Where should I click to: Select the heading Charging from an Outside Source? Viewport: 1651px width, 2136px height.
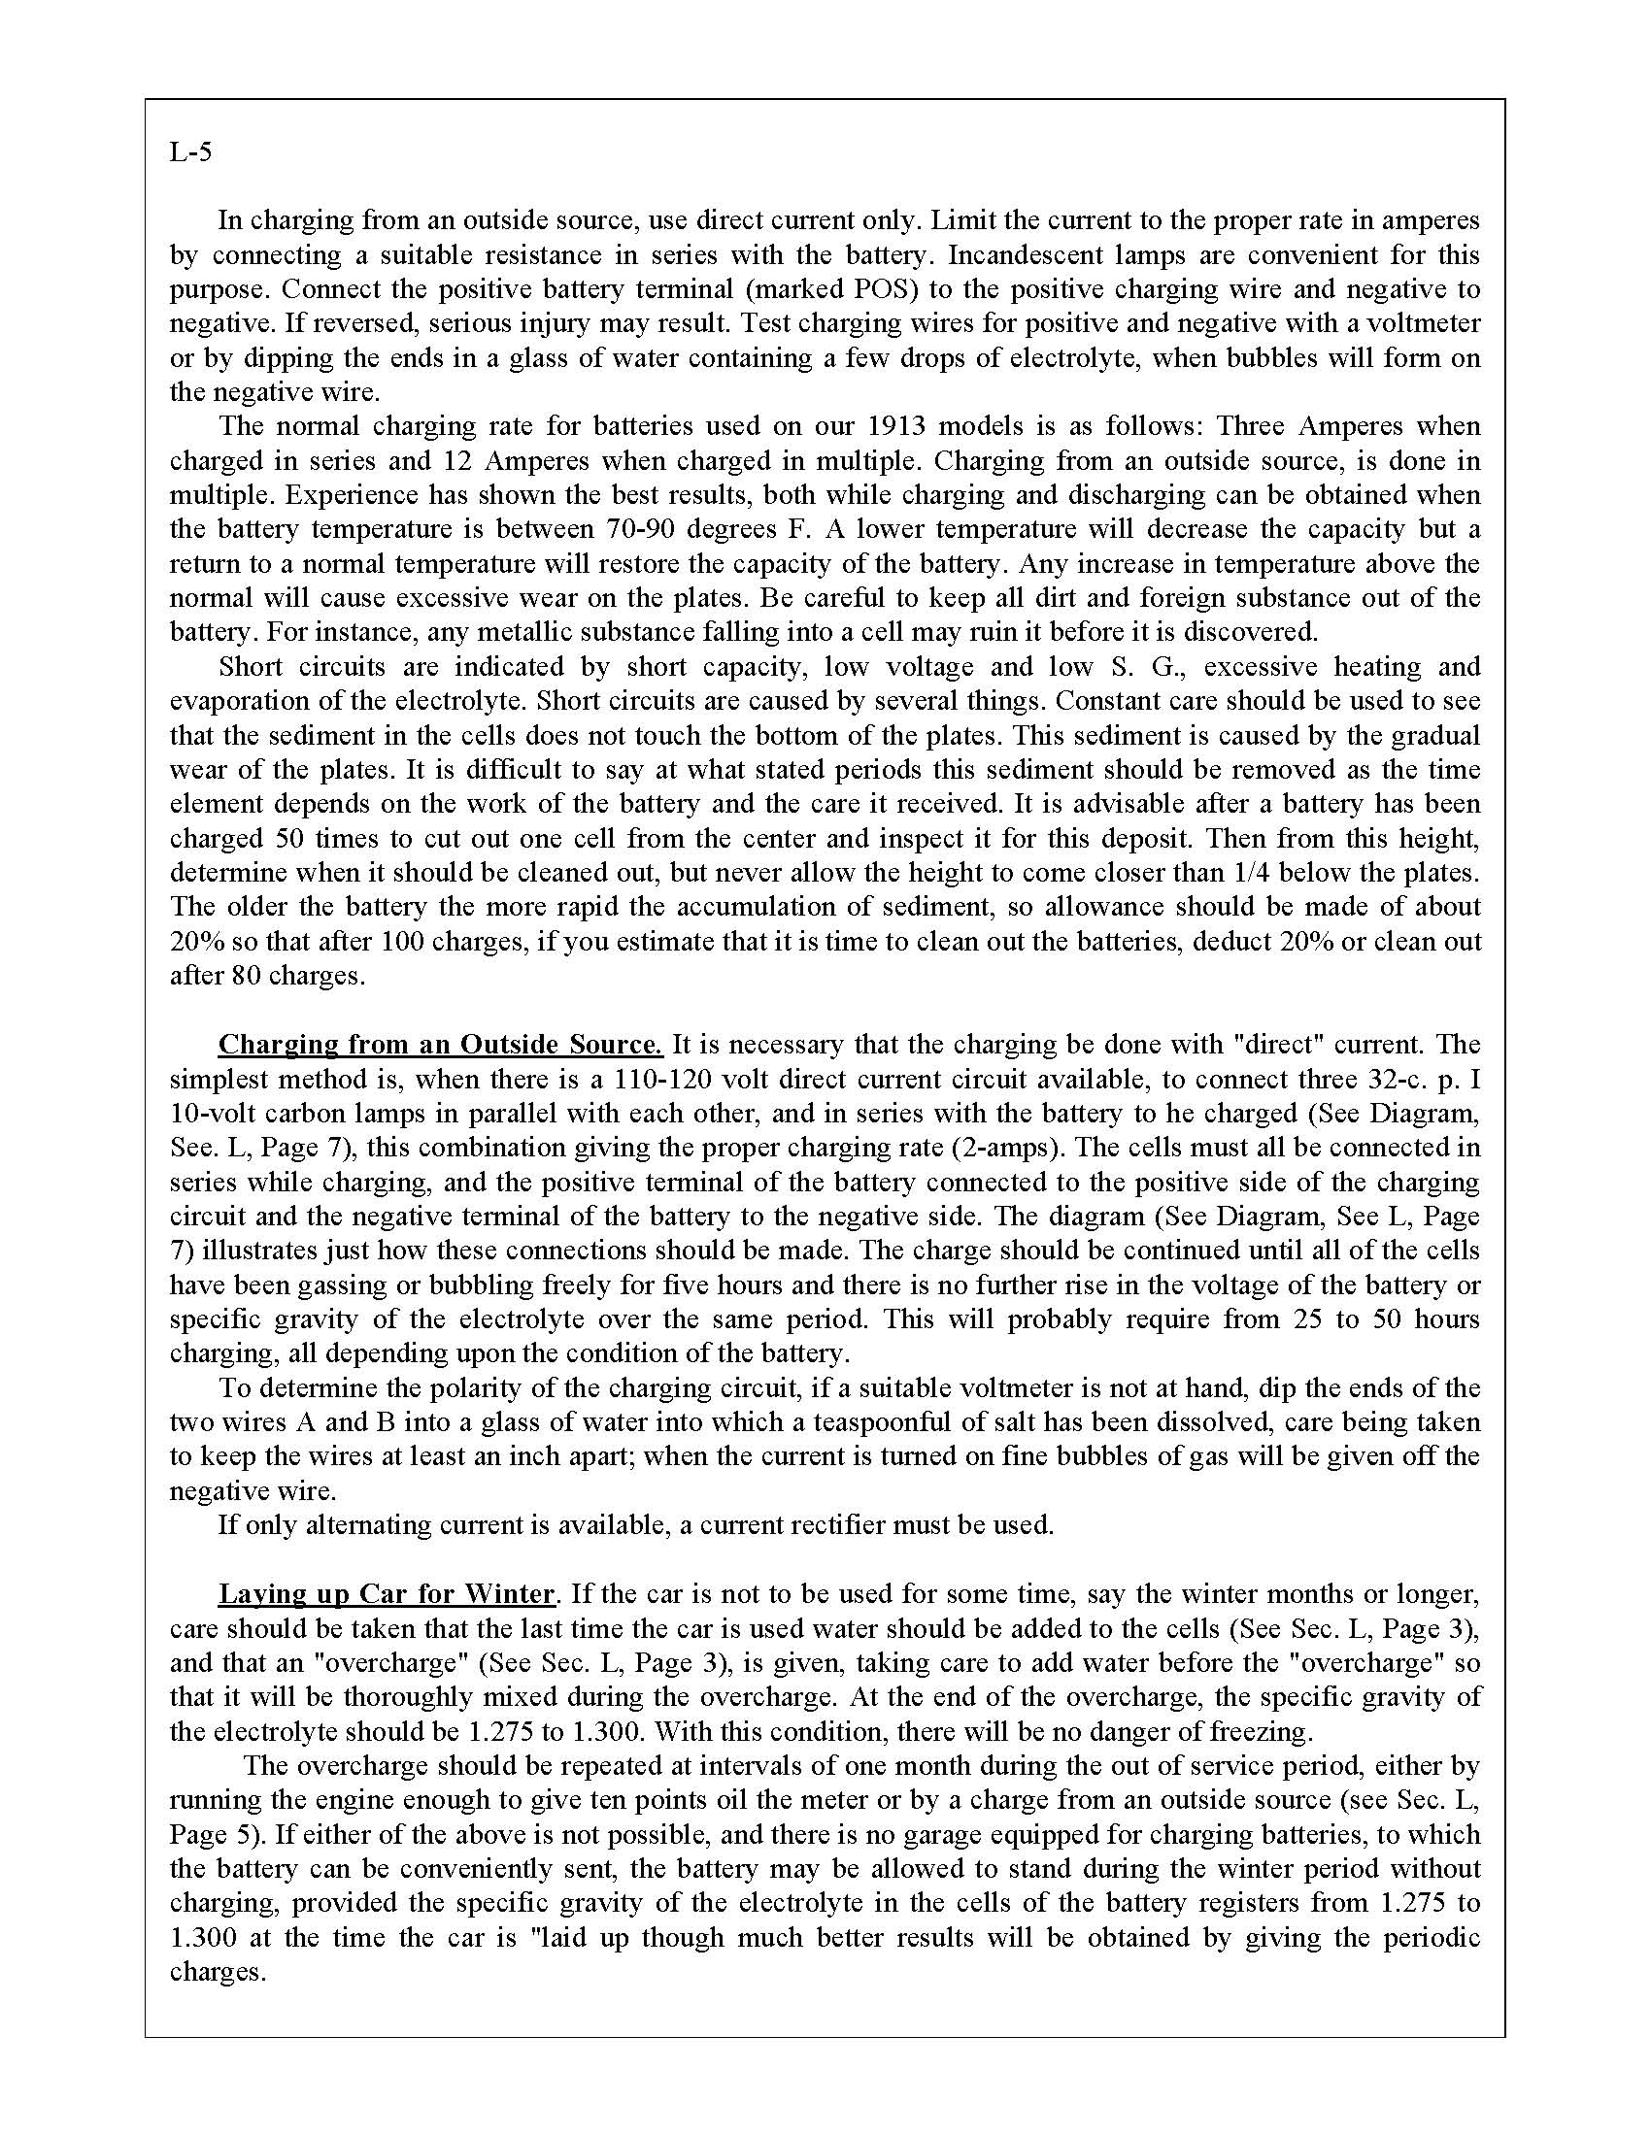(x=440, y=1045)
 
